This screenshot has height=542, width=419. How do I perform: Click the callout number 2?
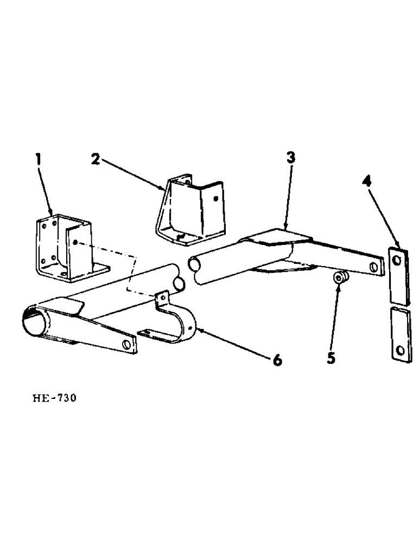94,160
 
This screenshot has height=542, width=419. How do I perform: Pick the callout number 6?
277,360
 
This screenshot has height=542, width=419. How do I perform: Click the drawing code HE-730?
54,398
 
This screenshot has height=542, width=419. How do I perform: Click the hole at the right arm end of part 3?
373,267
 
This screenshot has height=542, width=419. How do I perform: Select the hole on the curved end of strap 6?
191,328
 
